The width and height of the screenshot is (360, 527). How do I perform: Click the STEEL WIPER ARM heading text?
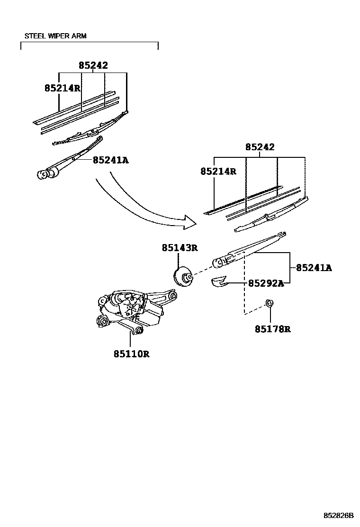[55, 36]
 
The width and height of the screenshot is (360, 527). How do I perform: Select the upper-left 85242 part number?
[93, 66]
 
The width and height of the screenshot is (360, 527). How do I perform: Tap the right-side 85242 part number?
[260, 147]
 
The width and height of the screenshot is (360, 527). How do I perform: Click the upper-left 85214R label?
[62, 88]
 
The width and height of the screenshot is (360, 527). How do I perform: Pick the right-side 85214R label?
[218, 172]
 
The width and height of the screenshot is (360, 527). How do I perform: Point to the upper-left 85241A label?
[110, 160]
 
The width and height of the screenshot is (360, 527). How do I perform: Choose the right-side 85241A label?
[314, 268]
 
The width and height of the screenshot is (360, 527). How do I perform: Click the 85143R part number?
[179, 247]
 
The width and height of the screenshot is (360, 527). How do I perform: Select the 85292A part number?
[266, 283]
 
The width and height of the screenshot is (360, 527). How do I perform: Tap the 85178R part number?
[272, 329]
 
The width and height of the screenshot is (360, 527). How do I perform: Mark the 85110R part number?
[131, 354]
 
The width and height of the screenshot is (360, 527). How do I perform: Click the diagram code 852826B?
[339, 515]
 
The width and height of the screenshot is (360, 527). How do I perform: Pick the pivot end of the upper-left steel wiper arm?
[45, 174]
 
